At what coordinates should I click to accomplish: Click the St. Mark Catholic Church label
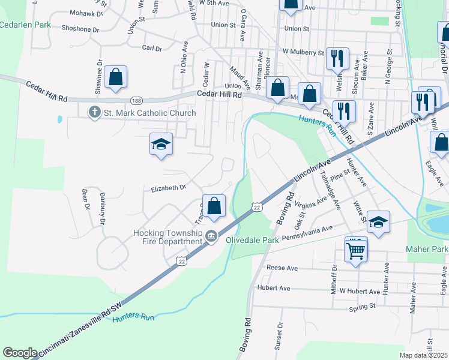[149, 113]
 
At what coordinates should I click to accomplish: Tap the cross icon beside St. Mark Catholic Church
[94, 112]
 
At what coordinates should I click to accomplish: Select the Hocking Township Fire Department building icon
[211, 236]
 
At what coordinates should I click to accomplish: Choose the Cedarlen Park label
[25, 25]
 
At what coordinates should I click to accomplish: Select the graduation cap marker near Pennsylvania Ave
[378, 221]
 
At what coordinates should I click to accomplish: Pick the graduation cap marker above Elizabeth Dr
[160, 144]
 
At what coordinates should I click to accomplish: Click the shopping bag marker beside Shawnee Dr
[115, 77]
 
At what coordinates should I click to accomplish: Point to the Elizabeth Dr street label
[169, 188]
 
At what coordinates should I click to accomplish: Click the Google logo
[20, 352]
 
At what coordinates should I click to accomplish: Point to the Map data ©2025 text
[424, 355]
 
